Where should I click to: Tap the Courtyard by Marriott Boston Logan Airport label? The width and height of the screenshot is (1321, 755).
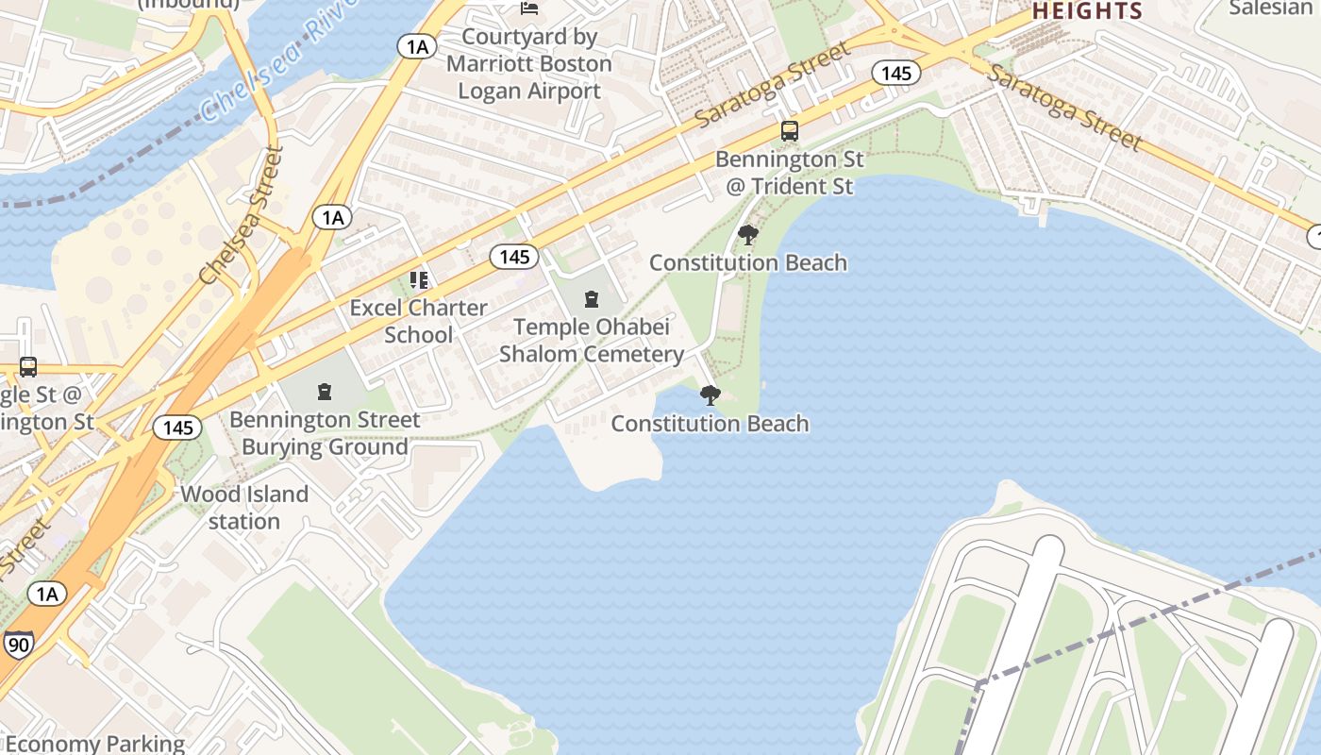point(529,64)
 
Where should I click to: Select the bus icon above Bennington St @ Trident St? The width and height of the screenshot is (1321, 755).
point(790,131)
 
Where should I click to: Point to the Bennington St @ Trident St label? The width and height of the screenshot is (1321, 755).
point(789,173)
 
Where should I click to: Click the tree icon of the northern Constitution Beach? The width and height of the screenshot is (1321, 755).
point(748,234)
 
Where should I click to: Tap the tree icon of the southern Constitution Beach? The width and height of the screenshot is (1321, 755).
point(711,395)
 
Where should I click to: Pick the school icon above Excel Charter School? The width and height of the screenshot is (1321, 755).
point(419,280)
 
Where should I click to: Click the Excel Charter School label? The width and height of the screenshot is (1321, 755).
point(419,321)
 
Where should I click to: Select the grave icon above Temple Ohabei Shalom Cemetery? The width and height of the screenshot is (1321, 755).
point(592,300)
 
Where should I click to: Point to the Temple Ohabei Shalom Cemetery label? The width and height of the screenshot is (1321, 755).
point(592,341)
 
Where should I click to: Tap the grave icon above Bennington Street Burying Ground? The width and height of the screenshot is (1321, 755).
point(325,391)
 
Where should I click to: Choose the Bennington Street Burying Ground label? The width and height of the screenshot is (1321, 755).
point(325,432)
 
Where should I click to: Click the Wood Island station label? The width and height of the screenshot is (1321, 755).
point(244,508)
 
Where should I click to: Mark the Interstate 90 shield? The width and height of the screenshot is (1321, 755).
point(17,644)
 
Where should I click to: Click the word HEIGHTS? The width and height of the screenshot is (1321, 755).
point(1087,11)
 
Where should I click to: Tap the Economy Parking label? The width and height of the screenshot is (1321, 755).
point(94,744)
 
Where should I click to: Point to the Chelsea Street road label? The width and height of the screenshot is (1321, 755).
point(242,216)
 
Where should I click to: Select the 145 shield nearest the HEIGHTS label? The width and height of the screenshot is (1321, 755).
point(895,73)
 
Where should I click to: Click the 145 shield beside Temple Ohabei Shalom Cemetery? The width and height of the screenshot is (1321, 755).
point(514,257)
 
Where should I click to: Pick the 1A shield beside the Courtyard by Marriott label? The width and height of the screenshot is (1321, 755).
point(416,46)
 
